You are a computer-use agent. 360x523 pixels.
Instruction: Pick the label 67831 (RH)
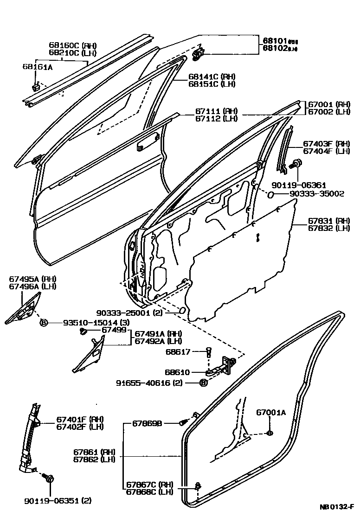330,221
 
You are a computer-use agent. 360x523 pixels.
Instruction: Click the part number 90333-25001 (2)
135,313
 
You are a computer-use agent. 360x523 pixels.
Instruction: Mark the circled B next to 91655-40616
203,383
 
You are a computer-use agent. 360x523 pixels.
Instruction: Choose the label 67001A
271,413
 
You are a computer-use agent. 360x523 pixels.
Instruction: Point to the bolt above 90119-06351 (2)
49,478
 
